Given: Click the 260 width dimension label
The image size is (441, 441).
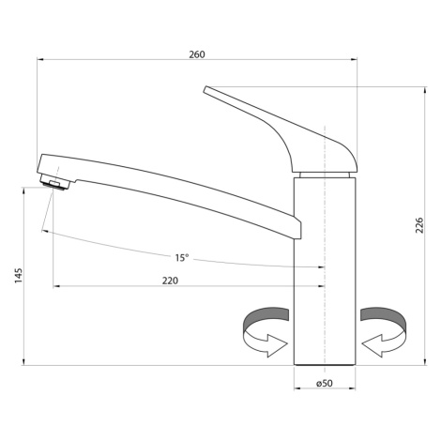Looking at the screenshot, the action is click(197, 54).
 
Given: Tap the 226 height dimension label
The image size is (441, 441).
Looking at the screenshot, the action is click(419, 225).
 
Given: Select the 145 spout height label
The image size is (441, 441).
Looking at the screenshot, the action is click(19, 276).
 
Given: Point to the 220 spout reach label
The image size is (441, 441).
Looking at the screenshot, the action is click(170, 281).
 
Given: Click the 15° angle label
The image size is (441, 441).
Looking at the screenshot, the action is click(182, 258).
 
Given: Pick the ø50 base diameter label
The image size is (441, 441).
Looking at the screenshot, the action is click(325, 383).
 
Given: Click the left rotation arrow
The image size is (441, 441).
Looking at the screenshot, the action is click(266, 332).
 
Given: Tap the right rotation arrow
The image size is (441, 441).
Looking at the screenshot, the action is click(384, 332).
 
